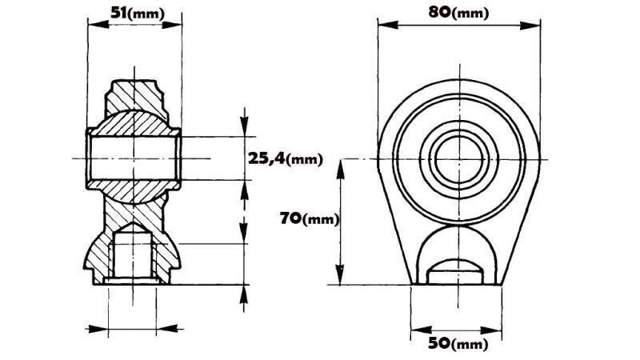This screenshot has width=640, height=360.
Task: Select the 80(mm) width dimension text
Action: [459, 12]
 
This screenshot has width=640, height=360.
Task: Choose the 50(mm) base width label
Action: [458, 344]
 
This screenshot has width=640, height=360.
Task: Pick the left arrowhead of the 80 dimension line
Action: [383, 24]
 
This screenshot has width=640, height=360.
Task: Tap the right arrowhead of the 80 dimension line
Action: [533, 24]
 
